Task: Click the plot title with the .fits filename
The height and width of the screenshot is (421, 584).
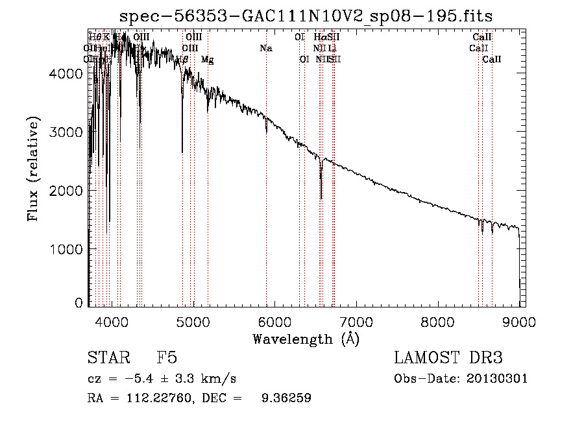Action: pos(311,16)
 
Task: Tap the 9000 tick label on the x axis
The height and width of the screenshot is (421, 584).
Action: pos(519,322)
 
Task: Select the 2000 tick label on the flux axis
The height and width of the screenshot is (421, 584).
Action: pos(66,191)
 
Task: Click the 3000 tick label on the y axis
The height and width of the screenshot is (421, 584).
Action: pos(66,132)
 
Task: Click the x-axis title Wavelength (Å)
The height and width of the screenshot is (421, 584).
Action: pos(306,339)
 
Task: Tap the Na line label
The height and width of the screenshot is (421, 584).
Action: pos(265,48)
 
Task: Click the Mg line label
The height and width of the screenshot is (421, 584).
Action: pos(207,60)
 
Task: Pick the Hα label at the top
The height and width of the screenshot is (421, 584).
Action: pos(319,37)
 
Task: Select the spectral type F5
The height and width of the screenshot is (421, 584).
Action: pos(167,359)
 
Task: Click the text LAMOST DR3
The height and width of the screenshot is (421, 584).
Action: pos(448,359)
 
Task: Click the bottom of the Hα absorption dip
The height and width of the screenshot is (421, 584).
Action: pos(321,198)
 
